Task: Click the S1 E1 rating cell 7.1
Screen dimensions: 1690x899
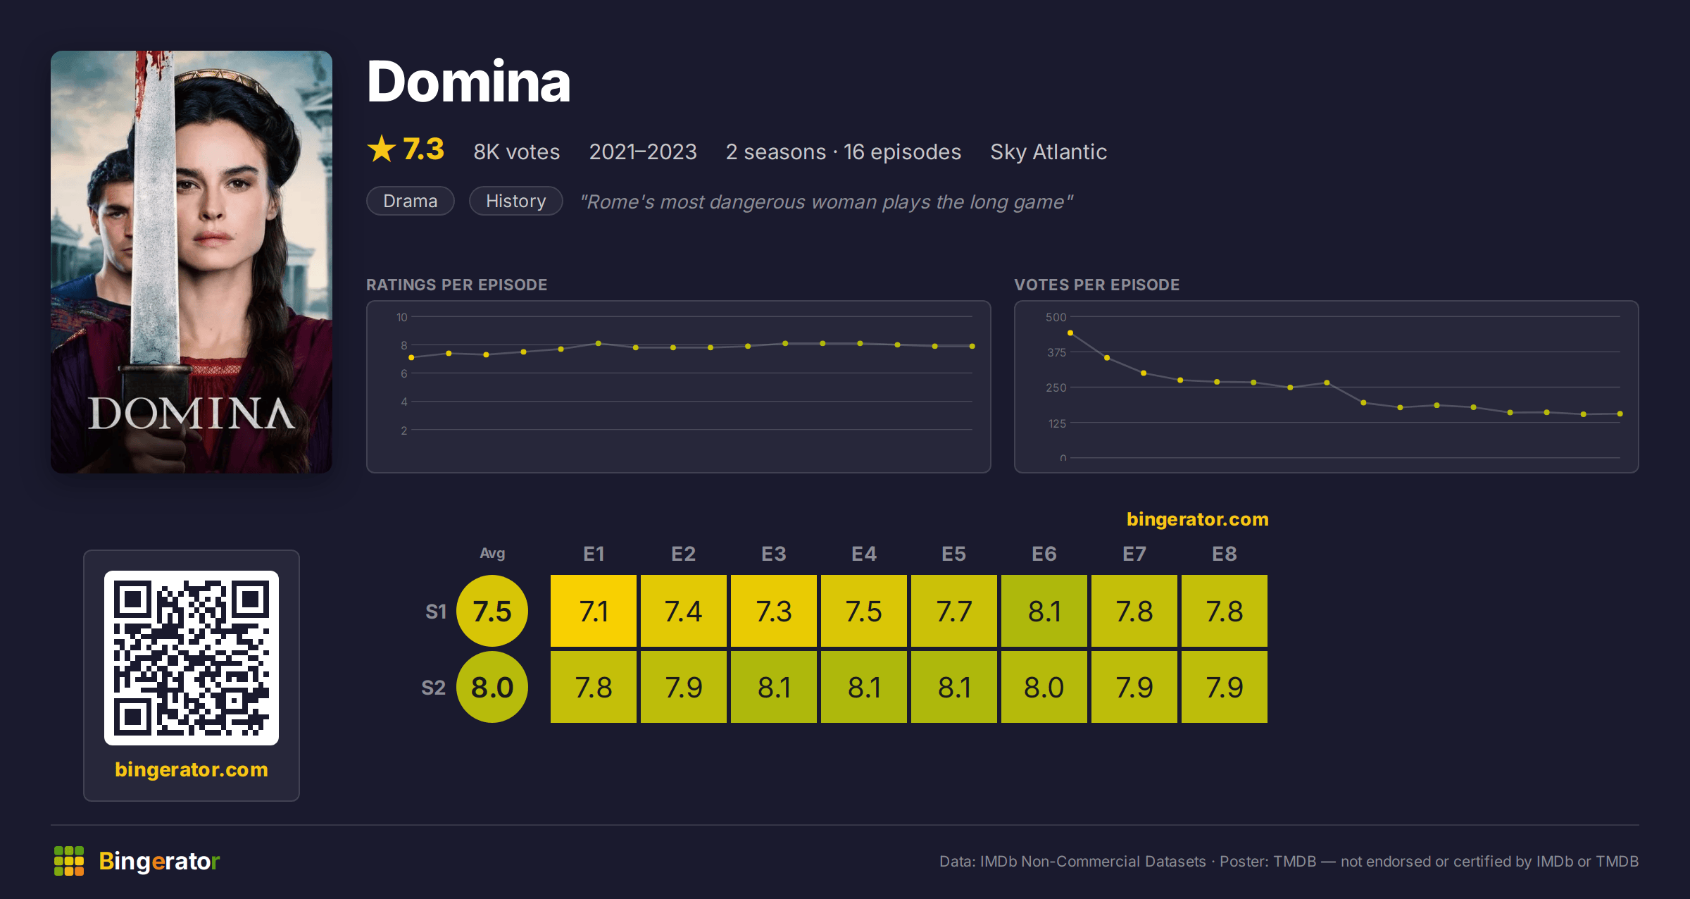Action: click(x=593, y=611)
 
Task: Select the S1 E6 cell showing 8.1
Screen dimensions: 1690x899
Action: click(x=1044, y=611)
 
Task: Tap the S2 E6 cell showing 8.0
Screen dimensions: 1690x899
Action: click(x=1044, y=687)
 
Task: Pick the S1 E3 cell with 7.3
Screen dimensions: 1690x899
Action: click(x=773, y=611)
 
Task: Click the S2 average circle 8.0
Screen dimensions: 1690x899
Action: click(x=492, y=687)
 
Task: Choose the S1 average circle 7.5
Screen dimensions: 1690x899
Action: click(x=492, y=611)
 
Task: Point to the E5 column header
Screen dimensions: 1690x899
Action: click(x=953, y=554)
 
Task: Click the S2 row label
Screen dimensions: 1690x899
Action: click(x=433, y=688)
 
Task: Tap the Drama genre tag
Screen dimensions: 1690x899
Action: click(x=411, y=201)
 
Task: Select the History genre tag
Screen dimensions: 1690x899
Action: click(x=516, y=201)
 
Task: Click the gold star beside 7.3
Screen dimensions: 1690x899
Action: click(x=382, y=149)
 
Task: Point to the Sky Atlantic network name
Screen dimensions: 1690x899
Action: click(x=1049, y=151)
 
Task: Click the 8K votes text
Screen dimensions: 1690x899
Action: click(x=517, y=151)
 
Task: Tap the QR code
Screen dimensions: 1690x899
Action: click(x=192, y=658)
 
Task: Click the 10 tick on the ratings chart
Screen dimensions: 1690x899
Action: click(x=401, y=317)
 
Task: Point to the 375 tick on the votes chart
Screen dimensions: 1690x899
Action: click(x=1056, y=352)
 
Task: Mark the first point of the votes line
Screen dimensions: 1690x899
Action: click(x=1070, y=333)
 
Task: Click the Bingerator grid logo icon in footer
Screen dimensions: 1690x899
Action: click(x=69, y=861)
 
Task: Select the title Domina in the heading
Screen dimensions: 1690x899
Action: click(x=468, y=82)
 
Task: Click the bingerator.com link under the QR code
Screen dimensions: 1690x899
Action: click(x=192, y=769)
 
